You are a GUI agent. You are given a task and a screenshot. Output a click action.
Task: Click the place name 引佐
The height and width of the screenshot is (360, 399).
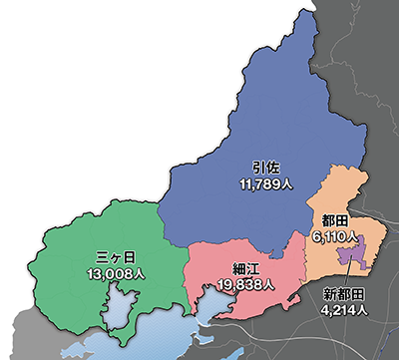click(x=262, y=167)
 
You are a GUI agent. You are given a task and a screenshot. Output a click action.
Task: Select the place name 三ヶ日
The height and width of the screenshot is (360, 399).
click(x=105, y=254)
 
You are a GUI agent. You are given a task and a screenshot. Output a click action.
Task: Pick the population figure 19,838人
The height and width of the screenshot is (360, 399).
click(x=243, y=285)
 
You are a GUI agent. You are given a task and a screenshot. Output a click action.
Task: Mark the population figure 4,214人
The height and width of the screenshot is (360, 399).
click(x=344, y=310)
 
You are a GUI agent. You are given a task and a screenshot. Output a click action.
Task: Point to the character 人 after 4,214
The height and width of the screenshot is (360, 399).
click(x=362, y=310)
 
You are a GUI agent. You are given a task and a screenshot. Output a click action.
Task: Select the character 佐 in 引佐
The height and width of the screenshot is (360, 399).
click(x=270, y=167)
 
